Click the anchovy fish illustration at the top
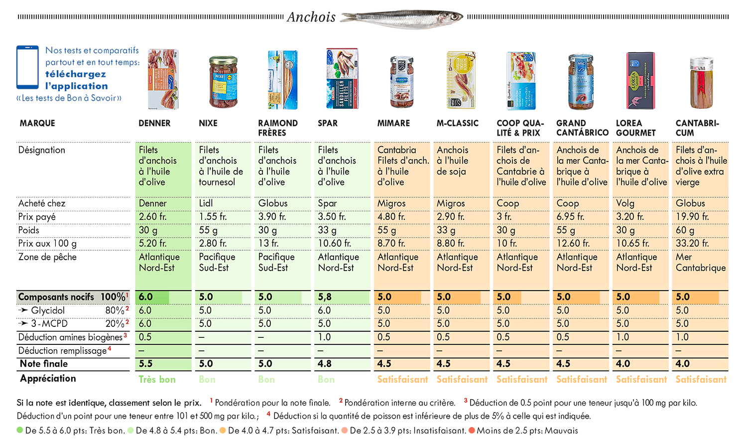click(402, 18)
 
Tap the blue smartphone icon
click(28, 67)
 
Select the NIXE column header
click(208, 123)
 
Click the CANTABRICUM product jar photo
click(701, 82)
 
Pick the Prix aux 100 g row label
click(47, 244)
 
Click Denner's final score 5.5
click(146, 364)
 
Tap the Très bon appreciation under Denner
click(157, 379)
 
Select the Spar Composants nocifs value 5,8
click(325, 297)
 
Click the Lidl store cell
click(206, 203)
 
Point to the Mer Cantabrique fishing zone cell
click(700, 262)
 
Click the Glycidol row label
click(48, 310)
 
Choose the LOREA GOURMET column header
click(635, 128)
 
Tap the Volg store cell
click(625, 203)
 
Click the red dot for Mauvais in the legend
click(472, 431)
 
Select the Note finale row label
click(44, 364)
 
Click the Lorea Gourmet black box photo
click(640, 81)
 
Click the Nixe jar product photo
click(223, 82)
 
